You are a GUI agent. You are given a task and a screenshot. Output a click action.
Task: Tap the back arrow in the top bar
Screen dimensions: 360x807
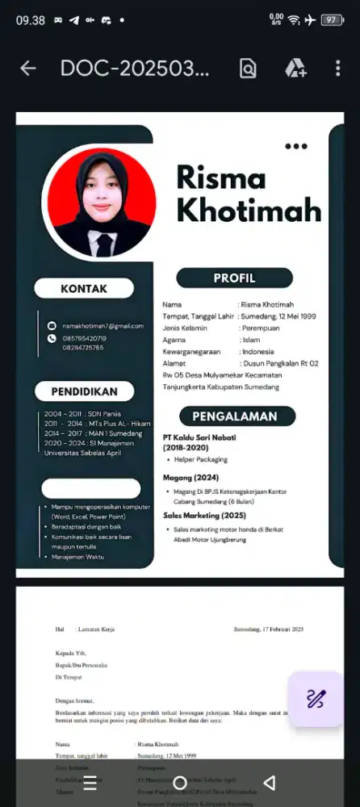pos(28,69)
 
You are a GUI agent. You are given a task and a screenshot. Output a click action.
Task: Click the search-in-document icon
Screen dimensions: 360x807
pos(248,69)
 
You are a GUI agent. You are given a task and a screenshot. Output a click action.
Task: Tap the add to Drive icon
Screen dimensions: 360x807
pos(295,69)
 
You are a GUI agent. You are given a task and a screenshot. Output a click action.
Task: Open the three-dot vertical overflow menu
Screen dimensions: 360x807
pos(338,69)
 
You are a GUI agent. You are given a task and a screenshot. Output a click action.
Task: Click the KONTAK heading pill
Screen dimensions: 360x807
pos(84,288)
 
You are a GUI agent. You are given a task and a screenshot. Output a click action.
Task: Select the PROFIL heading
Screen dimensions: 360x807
pos(234,278)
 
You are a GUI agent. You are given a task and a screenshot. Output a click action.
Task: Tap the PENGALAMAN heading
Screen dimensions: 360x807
pos(235,416)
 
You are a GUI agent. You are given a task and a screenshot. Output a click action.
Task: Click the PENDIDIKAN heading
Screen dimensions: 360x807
pos(84,391)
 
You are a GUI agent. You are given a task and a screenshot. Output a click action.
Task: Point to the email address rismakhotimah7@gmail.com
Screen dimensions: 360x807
pos(103,325)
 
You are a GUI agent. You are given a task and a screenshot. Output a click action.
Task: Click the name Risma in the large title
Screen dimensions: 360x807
pos(220,176)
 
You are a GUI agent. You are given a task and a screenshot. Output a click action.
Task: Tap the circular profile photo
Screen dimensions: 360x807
pos(102,203)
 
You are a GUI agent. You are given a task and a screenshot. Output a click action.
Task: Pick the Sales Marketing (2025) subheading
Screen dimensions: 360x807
pos(206,514)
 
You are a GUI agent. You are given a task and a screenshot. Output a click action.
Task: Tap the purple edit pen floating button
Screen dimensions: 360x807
pos(316,699)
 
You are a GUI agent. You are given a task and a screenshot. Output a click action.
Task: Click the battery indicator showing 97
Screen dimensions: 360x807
pos(331,20)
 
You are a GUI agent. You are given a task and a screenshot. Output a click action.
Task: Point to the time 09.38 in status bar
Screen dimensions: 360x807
pos(31,20)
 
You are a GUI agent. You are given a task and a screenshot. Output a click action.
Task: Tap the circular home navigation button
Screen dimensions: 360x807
pos(180,783)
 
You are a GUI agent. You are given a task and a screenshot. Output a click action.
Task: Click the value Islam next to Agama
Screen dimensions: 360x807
pos(250,340)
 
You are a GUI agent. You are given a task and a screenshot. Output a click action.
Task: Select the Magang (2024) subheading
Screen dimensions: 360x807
pos(190,477)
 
